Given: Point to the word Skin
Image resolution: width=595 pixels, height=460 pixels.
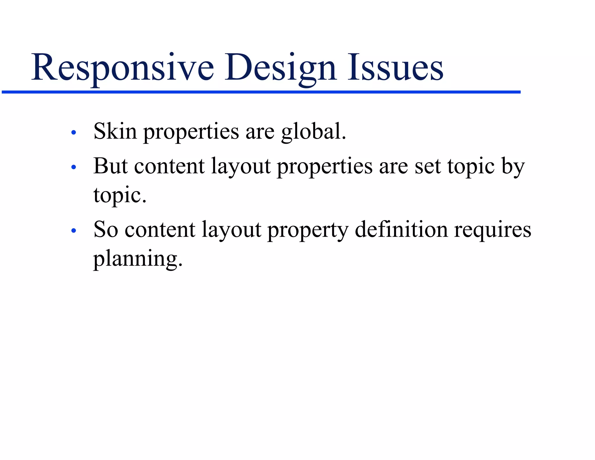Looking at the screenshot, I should [115, 131].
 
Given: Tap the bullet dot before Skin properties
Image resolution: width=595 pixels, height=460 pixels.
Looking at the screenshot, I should [74, 133].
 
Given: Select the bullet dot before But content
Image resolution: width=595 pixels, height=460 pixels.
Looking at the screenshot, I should [74, 167].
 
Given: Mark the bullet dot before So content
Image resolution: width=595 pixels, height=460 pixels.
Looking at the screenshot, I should [74, 231].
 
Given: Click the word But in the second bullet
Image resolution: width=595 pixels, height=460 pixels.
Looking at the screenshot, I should [110, 166].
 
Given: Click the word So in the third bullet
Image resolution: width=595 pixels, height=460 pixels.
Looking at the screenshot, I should [106, 230].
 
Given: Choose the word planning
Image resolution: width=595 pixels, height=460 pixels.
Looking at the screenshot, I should [137, 259].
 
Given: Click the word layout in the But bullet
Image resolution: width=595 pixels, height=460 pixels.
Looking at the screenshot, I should [241, 167].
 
